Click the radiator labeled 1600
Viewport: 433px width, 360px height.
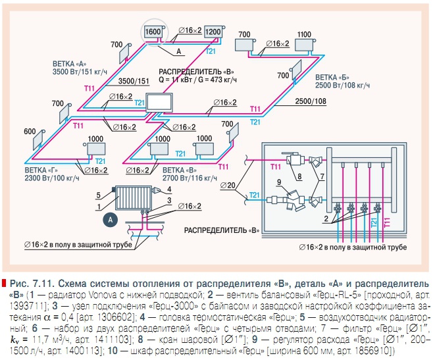(153, 32)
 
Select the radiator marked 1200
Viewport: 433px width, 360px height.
(213, 32)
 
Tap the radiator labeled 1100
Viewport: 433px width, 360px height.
(304, 36)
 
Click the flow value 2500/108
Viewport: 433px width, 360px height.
(311, 101)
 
